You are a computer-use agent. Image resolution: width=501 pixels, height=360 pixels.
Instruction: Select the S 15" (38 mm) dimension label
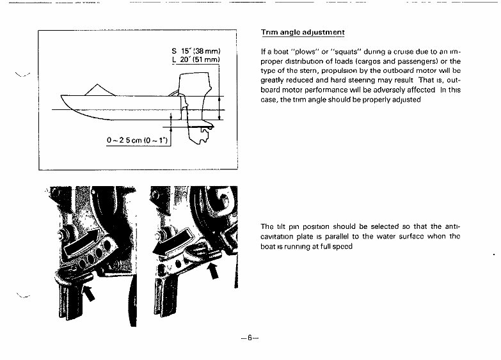[196, 51]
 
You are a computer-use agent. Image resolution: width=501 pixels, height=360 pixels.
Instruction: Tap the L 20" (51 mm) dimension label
[196, 60]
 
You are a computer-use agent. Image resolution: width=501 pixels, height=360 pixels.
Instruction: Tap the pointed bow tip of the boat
[62, 97]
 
